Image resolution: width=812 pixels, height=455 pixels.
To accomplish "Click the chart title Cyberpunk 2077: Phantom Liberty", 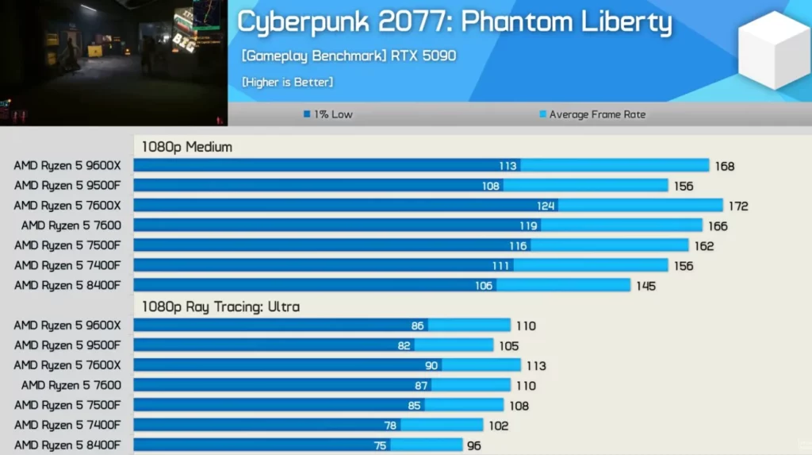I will click(x=454, y=22).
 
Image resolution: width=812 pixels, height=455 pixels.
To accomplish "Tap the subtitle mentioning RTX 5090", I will click(x=349, y=56).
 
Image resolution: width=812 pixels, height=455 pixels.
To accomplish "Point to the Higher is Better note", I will click(x=287, y=82).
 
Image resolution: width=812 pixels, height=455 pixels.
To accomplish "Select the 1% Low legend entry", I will click(x=327, y=114).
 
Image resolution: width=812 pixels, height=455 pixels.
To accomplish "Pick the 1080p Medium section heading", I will click(x=187, y=147).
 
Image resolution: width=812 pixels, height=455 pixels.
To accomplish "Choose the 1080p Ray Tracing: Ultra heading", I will click(x=220, y=307).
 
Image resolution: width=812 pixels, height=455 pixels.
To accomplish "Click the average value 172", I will click(x=738, y=206).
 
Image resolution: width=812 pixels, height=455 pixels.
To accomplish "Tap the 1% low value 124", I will click(x=546, y=206).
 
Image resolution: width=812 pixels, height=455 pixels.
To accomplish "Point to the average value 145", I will click(x=645, y=286).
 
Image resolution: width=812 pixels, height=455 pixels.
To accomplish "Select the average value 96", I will click(x=473, y=445).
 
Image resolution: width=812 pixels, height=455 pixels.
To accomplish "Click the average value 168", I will click(x=724, y=166).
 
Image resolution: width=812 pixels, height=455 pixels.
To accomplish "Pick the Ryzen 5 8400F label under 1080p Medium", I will click(x=67, y=285).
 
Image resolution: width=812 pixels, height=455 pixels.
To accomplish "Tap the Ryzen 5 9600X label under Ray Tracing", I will click(x=67, y=326).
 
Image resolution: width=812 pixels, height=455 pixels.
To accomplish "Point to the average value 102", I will click(x=499, y=426).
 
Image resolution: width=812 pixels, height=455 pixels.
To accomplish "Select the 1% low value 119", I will click(x=528, y=226).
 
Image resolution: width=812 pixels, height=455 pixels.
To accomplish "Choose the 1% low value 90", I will click(x=431, y=366).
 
